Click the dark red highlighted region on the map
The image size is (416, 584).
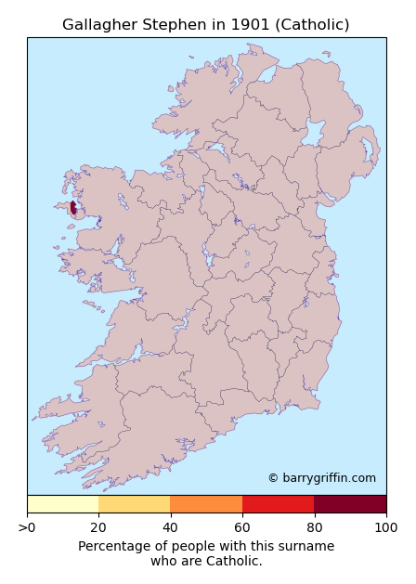pyautogui.click(x=73, y=208)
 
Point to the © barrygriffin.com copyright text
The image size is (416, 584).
pyautogui.click(x=321, y=478)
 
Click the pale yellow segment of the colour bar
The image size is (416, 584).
pyautogui.click(x=62, y=504)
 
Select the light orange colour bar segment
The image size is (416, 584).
pyautogui.click(x=134, y=504)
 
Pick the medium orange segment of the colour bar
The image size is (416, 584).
pyautogui.click(x=206, y=504)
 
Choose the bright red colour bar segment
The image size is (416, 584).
pyautogui.click(x=278, y=504)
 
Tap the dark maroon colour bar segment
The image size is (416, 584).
pyautogui.click(x=350, y=504)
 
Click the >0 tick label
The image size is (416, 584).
pyautogui.click(x=28, y=527)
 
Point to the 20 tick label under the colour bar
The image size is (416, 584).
pyautogui.click(x=98, y=527)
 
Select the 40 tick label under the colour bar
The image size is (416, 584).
pyautogui.click(x=170, y=527)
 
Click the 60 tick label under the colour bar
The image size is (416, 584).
pyautogui.click(x=242, y=527)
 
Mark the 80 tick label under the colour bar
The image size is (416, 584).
pyautogui.click(x=314, y=527)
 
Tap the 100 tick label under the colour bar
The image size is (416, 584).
pyautogui.click(x=385, y=527)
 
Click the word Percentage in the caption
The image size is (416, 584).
pyautogui.click(x=113, y=546)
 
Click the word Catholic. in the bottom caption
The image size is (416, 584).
pyautogui.click(x=233, y=561)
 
